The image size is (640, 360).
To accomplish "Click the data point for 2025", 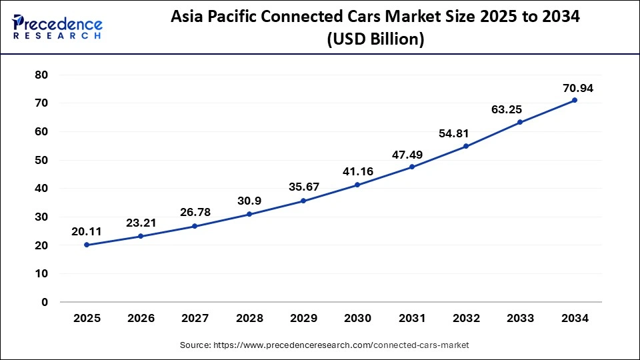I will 87,245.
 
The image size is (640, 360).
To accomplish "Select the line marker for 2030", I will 357,185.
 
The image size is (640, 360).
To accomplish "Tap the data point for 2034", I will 574,100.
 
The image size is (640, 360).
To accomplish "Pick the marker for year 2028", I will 249,214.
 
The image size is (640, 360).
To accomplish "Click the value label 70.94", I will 577,88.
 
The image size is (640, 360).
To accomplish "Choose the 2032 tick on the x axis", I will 466,319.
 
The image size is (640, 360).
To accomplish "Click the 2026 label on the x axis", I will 141,319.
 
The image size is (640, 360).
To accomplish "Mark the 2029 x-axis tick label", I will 303,319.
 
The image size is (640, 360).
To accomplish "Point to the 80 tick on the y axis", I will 41,75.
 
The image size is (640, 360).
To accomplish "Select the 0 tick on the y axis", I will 45,302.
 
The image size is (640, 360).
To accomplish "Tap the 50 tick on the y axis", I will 41,160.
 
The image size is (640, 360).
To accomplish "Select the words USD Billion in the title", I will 375,39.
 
